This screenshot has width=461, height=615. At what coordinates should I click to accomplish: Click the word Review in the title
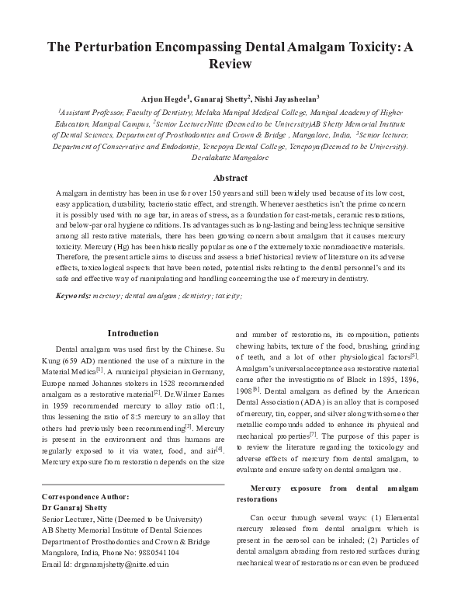[x=230, y=64]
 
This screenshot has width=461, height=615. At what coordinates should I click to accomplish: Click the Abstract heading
[x=230, y=177]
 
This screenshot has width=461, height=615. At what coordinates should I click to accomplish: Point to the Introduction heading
[x=133, y=333]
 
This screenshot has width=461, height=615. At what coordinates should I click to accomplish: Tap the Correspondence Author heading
[x=85, y=495]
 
